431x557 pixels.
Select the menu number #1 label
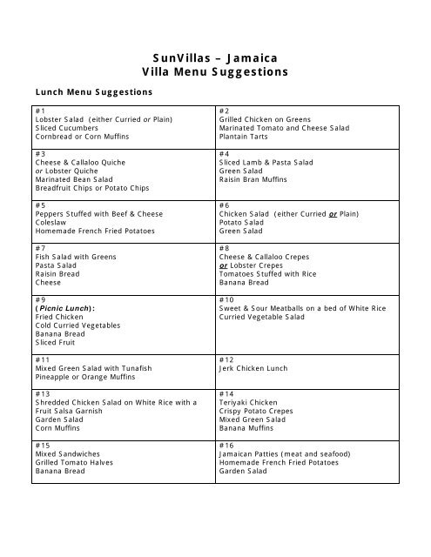click(40, 111)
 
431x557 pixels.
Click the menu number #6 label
click(225, 205)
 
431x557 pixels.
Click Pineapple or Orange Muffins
click(89, 376)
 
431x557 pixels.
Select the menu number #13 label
click(43, 393)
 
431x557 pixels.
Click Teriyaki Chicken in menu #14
click(249, 402)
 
